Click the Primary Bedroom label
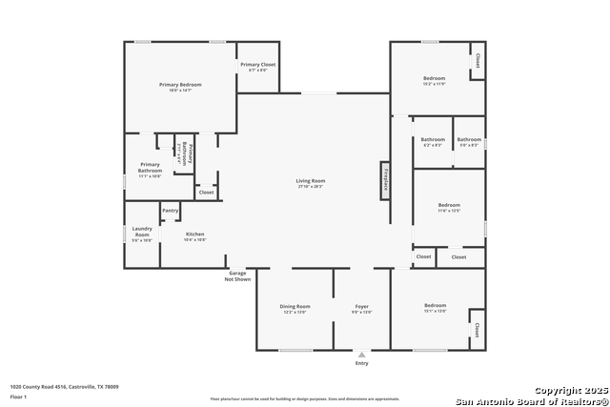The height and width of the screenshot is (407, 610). click(x=180, y=85)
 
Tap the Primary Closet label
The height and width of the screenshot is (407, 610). click(x=257, y=65)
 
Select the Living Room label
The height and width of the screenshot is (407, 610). click(x=311, y=181)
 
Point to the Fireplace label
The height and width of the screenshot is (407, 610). click(x=386, y=179)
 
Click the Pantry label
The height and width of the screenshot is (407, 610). click(x=171, y=211)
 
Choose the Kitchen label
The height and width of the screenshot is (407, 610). click(x=194, y=234)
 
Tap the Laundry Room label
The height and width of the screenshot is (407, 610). click(x=142, y=232)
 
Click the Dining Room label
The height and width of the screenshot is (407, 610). click(x=295, y=306)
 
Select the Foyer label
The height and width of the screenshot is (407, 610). click(x=362, y=306)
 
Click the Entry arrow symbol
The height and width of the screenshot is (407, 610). click(x=361, y=354)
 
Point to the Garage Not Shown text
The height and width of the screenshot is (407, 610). click(x=237, y=276)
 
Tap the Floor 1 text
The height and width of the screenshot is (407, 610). click(x=19, y=396)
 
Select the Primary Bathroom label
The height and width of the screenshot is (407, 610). click(x=150, y=168)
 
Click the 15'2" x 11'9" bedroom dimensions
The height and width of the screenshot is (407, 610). click(x=435, y=84)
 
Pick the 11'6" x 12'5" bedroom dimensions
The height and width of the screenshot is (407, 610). click(x=449, y=210)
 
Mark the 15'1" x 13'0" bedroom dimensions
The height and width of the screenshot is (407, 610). click(x=435, y=311)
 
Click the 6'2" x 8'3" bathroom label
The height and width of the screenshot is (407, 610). click(x=433, y=145)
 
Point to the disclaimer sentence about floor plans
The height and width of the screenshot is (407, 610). click(x=305, y=398)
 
